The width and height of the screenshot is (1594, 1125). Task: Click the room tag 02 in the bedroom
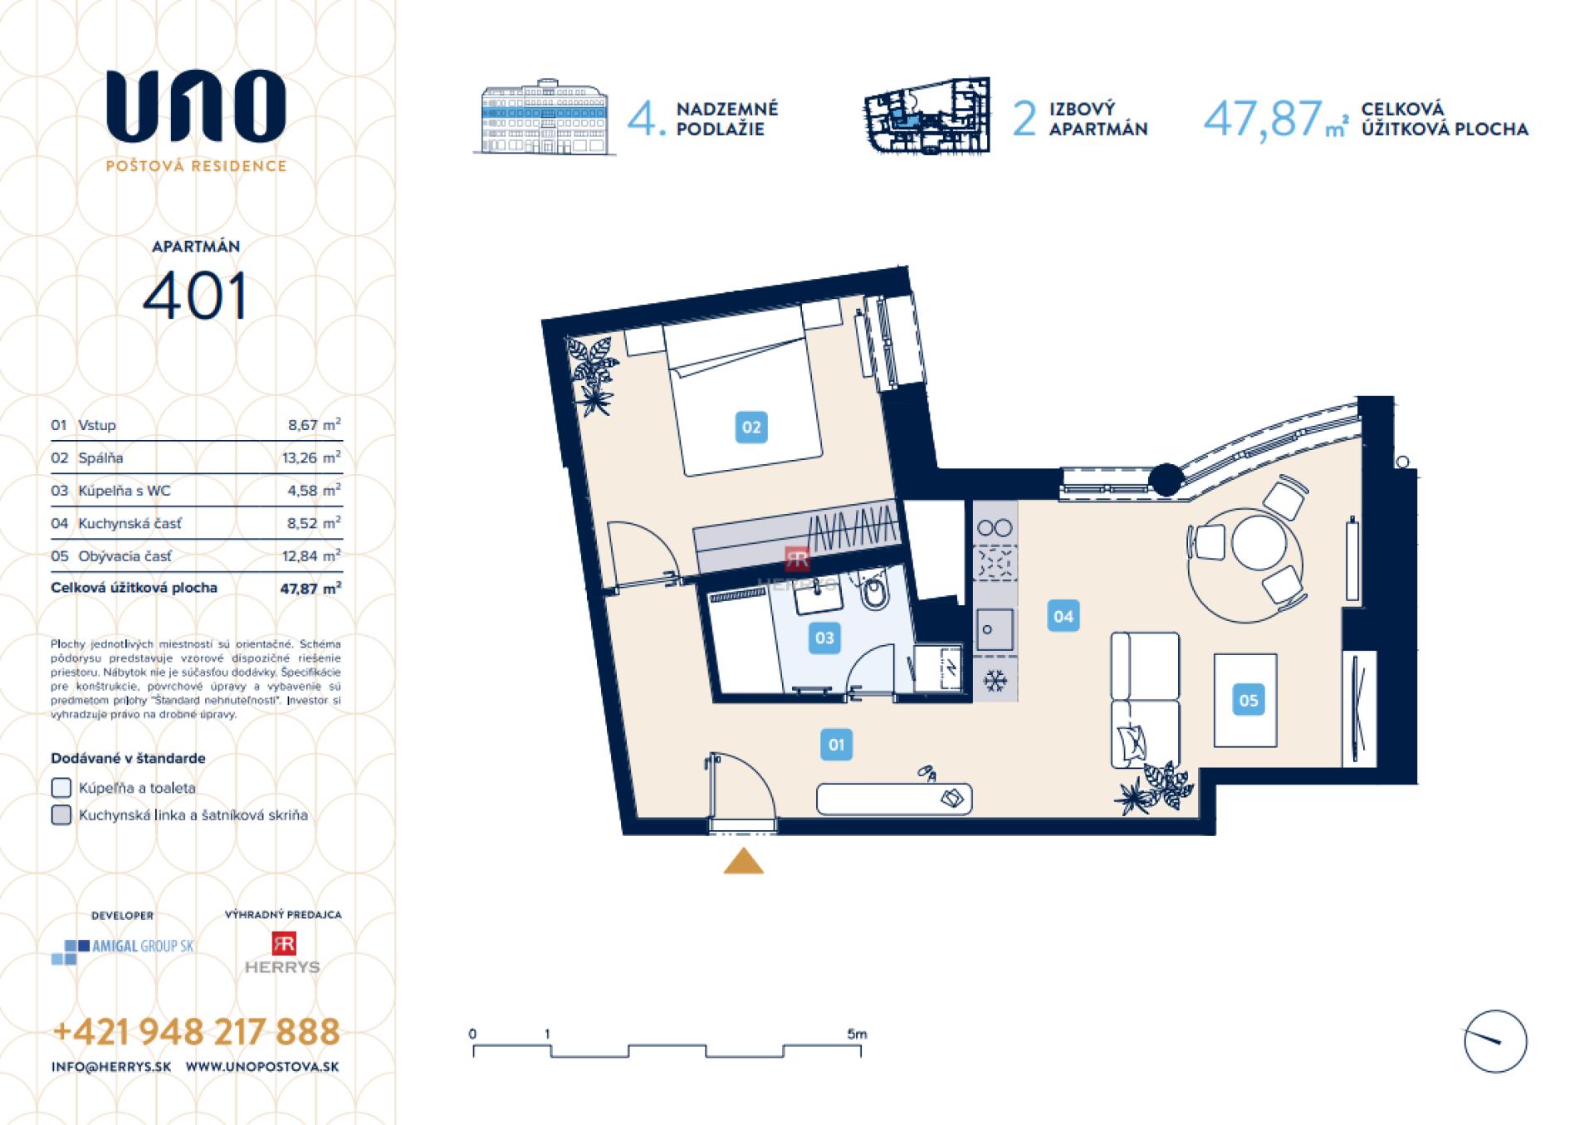pos(751,428)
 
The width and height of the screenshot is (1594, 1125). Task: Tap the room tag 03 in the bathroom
pos(824,638)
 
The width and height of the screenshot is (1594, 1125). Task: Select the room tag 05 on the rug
pos(1248,700)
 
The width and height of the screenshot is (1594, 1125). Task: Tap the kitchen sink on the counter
pos(994,629)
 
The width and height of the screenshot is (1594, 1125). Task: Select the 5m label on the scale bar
pos(857,1034)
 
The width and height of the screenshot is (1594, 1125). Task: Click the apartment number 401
pos(195,296)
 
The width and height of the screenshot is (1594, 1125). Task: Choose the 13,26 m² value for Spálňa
pos(311,457)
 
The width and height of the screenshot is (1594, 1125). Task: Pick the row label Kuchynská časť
pos(130,523)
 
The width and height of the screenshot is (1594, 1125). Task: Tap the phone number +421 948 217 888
pos(197,1032)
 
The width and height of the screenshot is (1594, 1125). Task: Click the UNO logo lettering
pos(196,106)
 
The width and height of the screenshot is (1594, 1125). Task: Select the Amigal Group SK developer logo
pos(123,950)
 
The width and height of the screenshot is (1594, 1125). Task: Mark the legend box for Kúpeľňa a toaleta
pos(61,787)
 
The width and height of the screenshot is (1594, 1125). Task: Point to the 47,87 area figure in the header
pos(1262,119)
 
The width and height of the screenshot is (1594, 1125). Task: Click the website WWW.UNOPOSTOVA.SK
pos(262,1067)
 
